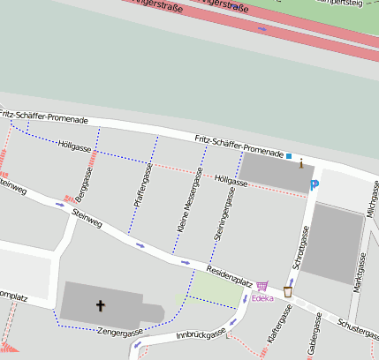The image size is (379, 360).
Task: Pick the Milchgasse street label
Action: tap(373, 199)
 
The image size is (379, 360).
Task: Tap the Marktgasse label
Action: tap(359, 274)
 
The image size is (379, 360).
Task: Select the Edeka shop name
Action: tap(262, 298)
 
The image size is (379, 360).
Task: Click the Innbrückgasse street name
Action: tap(197, 334)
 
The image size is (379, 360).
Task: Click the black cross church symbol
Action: tap(100, 306)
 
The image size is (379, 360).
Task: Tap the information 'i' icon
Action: tap(301, 162)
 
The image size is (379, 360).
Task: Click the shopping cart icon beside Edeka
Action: tap(262, 285)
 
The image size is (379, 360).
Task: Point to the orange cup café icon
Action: tap(288, 291)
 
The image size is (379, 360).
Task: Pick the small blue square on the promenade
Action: tap(288, 156)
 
